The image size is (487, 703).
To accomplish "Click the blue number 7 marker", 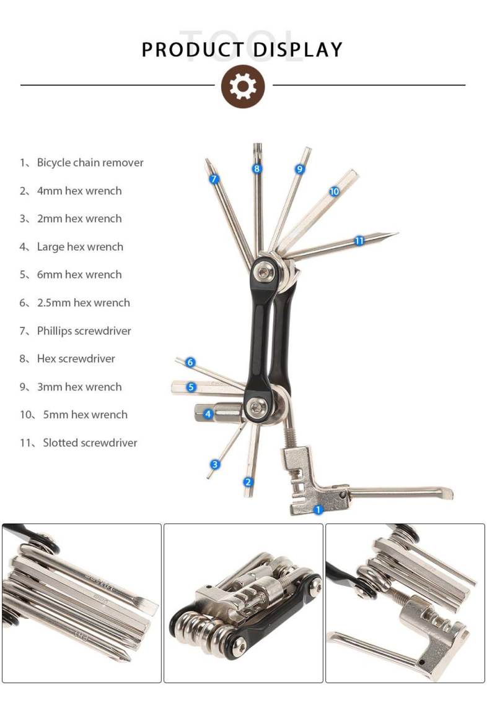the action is coord(214,178).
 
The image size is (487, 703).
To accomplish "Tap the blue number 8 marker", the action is coord(257,168).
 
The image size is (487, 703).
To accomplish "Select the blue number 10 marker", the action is coord(334,191).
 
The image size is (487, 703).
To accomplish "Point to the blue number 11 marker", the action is coord(359,241).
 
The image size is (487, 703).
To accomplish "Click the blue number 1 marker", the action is coord(318,509).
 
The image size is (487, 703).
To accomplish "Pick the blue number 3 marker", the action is coord(214,464).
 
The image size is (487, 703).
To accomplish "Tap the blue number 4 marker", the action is coord(208,413).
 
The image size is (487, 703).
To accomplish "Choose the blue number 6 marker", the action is coord(190,362).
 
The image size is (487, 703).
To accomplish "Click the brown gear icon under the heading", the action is coord(243,86).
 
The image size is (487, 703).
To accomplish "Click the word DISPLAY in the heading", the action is coord(297,50).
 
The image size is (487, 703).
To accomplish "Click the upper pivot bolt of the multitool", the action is coord(263,271).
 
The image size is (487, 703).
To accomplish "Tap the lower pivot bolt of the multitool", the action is coord(257,407).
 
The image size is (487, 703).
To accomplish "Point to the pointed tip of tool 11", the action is coord(397,233).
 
